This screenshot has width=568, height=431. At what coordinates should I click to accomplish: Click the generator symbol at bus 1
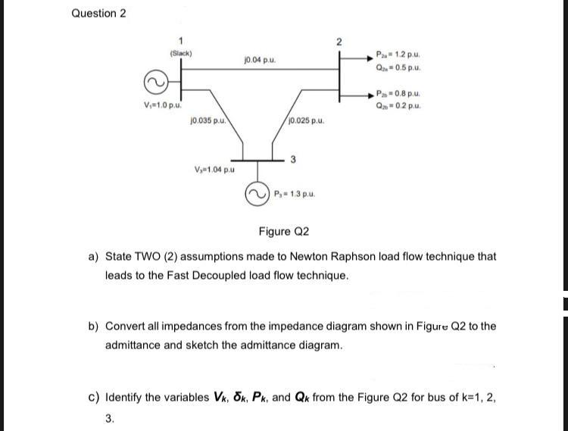156,83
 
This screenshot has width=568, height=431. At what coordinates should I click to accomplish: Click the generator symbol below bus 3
257,194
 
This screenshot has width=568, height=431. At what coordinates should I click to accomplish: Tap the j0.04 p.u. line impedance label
260,59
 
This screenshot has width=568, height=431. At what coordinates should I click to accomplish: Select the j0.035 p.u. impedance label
208,120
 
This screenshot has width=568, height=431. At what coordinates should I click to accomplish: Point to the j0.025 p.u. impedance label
307,120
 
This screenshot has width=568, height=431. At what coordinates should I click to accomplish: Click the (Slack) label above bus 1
181,53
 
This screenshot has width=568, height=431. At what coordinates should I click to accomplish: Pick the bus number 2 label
339,42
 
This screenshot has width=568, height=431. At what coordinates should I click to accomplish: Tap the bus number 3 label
293,159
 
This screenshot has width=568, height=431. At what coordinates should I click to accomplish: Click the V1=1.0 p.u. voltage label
163,105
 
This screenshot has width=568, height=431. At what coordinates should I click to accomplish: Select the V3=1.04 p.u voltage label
214,169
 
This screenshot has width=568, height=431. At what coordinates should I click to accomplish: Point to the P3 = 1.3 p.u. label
295,194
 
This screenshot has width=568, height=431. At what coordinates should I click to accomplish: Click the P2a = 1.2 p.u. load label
398,55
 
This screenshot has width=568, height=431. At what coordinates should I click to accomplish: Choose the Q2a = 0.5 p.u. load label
398,67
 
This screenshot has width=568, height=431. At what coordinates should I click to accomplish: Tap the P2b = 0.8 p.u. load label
398,94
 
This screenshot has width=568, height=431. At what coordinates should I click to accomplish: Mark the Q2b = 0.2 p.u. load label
398,106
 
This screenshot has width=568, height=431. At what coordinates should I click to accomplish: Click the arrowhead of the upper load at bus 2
370,58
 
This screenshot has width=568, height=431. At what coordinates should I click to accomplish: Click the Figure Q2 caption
284,232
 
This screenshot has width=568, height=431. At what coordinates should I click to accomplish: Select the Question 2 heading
99,14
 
